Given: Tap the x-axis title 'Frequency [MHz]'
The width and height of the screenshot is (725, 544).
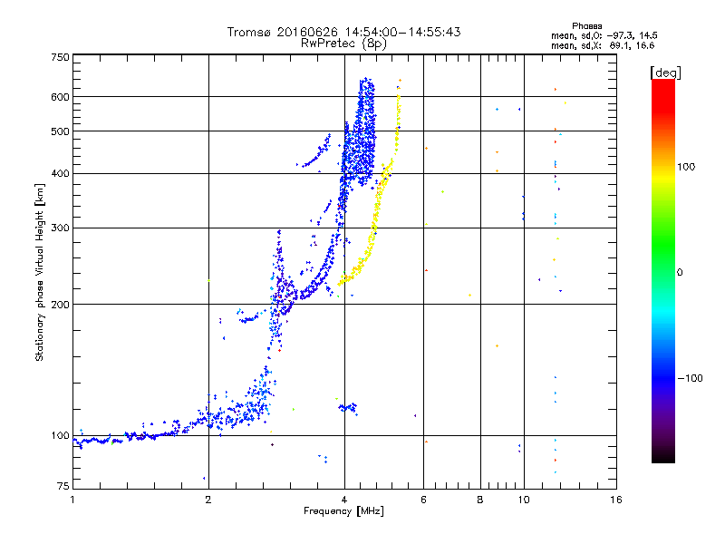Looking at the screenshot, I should tap(344, 512).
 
